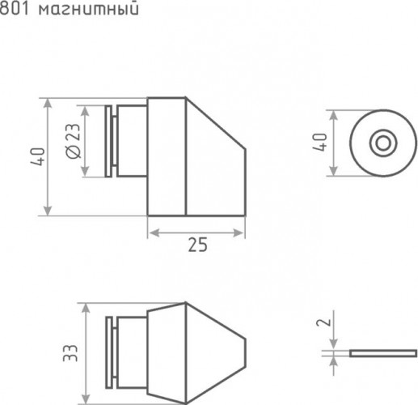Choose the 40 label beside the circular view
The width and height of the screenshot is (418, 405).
pyautogui.click(x=321, y=143)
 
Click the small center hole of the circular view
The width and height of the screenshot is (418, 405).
pyautogui.click(x=381, y=143)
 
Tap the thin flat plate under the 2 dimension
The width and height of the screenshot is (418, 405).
pyautogui.click(x=383, y=353)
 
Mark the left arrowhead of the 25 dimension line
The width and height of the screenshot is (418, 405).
pyautogui.click(x=151, y=232)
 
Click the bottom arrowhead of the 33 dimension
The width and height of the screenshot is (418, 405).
pyautogui.click(x=84, y=398)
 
